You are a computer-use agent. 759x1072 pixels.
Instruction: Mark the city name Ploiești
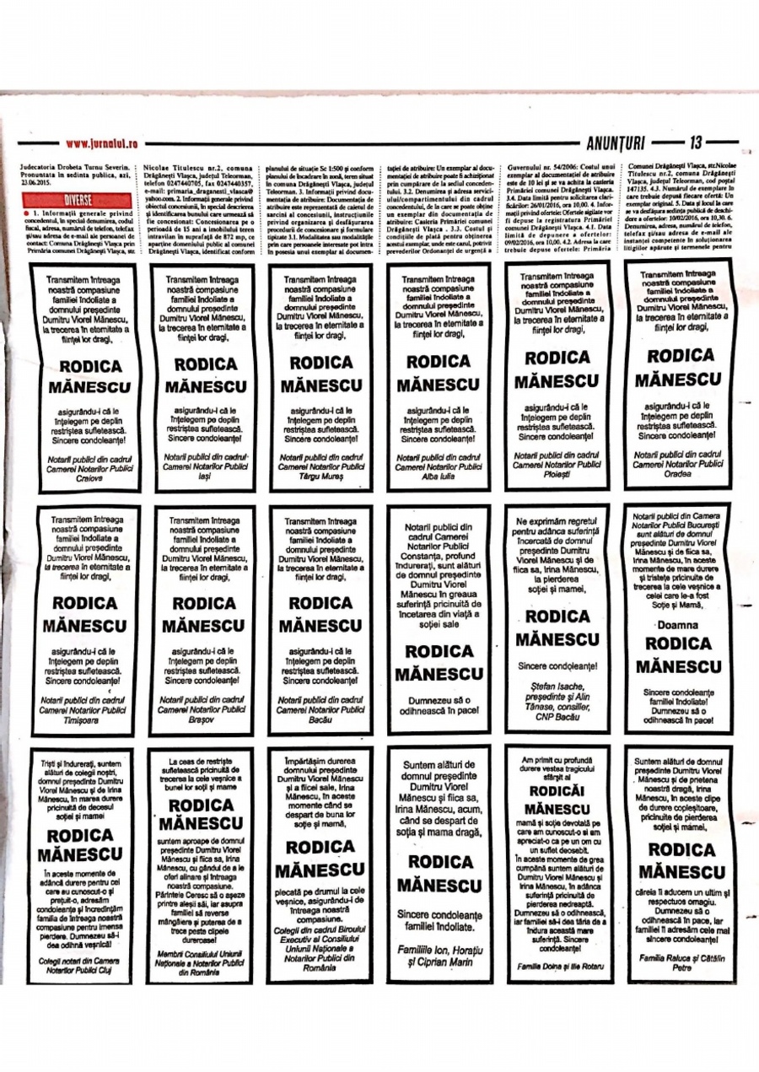557,475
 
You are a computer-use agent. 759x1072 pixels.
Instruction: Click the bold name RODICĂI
557,791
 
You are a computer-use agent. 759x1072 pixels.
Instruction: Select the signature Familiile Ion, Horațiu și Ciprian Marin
440,956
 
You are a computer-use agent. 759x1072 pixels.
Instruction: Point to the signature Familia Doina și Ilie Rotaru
557,964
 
